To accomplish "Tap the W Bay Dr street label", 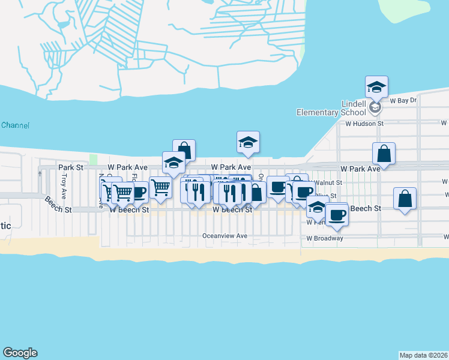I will point(403,101).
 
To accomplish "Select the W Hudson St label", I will point(364,124).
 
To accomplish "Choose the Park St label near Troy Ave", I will point(70,167).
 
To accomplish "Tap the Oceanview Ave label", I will point(225,236).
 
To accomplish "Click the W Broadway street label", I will point(324,238).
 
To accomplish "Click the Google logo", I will point(20,353).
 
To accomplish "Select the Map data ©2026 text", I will point(423,355).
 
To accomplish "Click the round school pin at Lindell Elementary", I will point(375,107).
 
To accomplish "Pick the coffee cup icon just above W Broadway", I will point(337,214).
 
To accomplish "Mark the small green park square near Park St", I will point(93,160).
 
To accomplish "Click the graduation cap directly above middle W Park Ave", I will point(248,142).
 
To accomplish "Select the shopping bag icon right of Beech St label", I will point(405,199).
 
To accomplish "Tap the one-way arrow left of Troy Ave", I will point(40,174).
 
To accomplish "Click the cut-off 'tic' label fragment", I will point(5,226).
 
